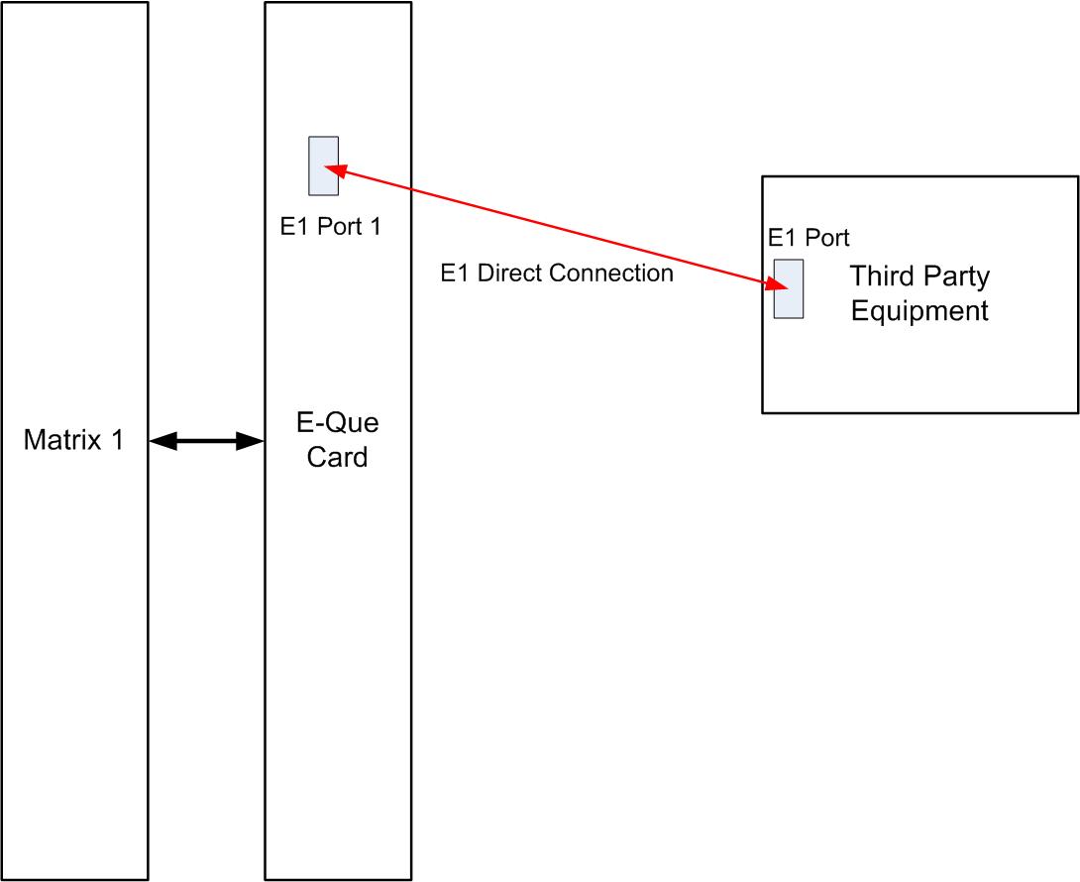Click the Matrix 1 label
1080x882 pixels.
pos(73,441)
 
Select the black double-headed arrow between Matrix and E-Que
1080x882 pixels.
pos(206,442)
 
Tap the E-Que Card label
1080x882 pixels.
pos(338,441)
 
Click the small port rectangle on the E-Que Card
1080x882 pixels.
pos(323,165)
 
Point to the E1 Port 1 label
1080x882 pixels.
pos(330,227)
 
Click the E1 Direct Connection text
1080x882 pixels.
pos(557,274)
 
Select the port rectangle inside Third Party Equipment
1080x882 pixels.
pos(789,288)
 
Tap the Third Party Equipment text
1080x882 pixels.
pos(919,293)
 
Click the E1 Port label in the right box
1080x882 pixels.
pos(809,238)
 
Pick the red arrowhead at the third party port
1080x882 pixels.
pos(777,285)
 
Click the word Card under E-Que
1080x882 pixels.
pos(338,458)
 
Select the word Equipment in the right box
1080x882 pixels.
pos(919,311)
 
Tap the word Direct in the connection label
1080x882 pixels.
pos(504,274)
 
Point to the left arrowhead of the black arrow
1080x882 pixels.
pos(160,442)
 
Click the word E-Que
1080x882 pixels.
pos(338,424)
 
